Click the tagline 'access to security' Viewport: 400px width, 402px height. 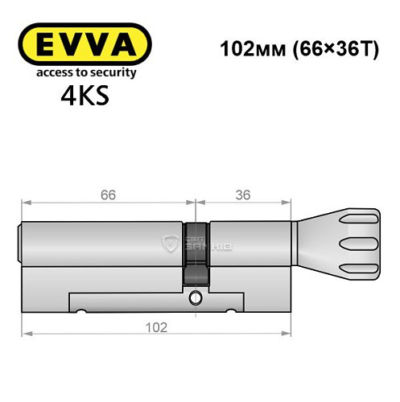point(84,73)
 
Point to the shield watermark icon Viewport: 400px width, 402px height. point(170,244)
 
